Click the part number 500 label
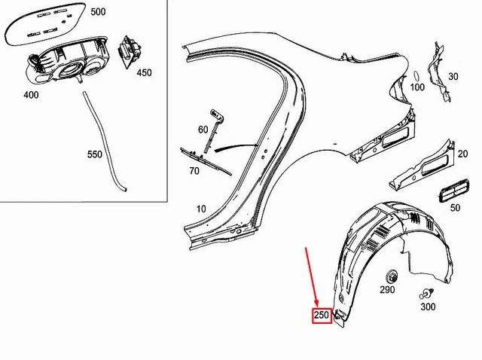point(98,12)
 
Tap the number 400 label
point(31,95)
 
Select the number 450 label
point(144,72)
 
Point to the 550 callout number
point(95,154)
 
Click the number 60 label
point(203,130)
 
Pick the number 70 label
point(194,171)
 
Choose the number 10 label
point(201,209)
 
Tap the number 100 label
point(417,87)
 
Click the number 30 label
point(453,76)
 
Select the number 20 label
point(462,154)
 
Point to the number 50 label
point(455,208)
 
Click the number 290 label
point(387,289)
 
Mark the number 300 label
point(428,307)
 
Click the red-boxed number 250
point(322,315)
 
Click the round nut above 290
point(392,276)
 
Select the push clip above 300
point(427,294)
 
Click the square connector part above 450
point(129,51)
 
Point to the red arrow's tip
point(318,308)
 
